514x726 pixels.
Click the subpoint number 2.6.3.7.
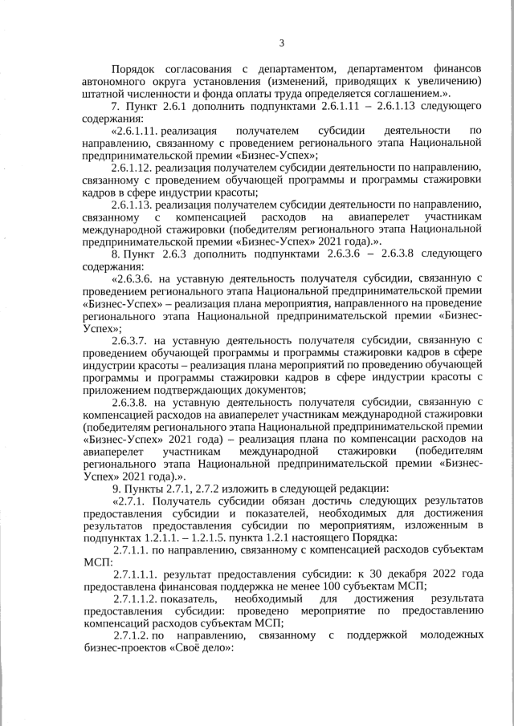pos(131,339)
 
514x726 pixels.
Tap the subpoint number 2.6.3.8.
pos(131,401)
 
